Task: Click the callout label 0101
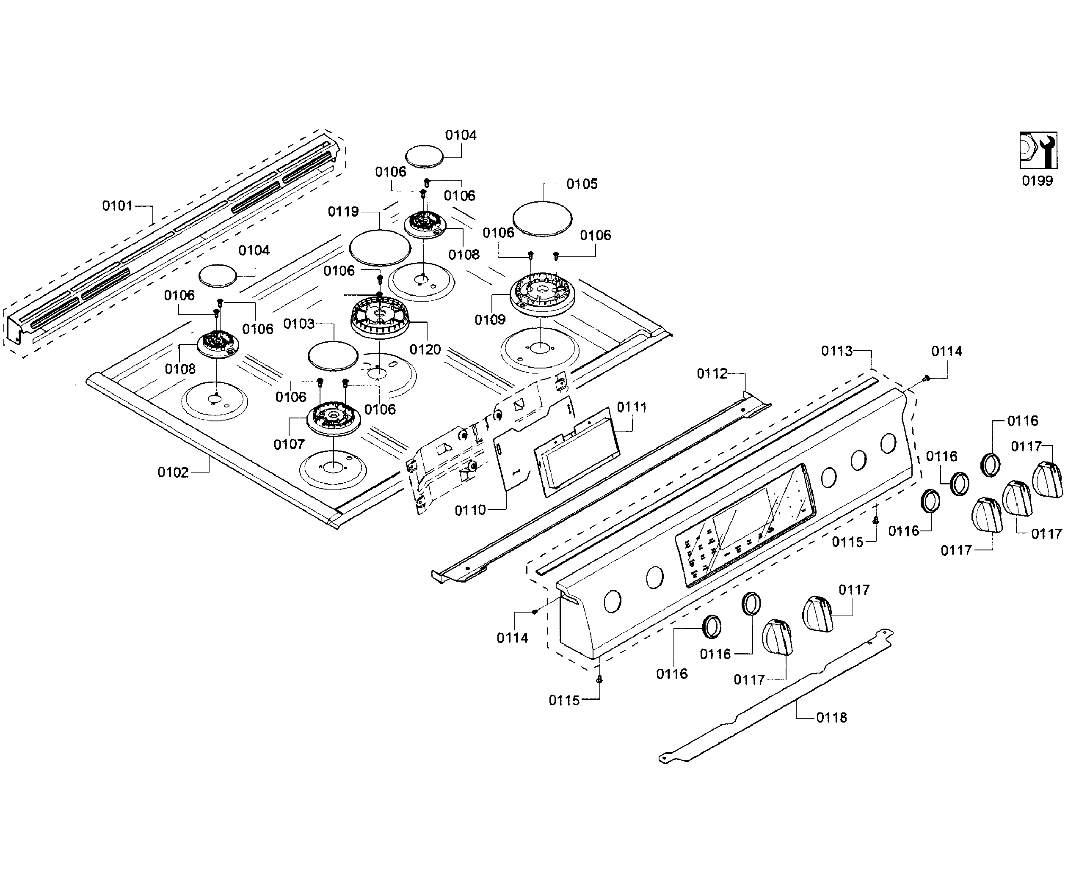117,206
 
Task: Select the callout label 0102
173,473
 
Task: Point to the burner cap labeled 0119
380,247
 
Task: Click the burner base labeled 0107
334,418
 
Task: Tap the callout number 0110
469,510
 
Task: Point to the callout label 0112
712,374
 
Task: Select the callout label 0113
836,351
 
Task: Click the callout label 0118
831,717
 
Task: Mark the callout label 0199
1037,181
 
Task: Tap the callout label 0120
425,350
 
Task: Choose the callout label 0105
582,184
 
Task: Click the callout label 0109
490,320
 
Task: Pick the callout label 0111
632,407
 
